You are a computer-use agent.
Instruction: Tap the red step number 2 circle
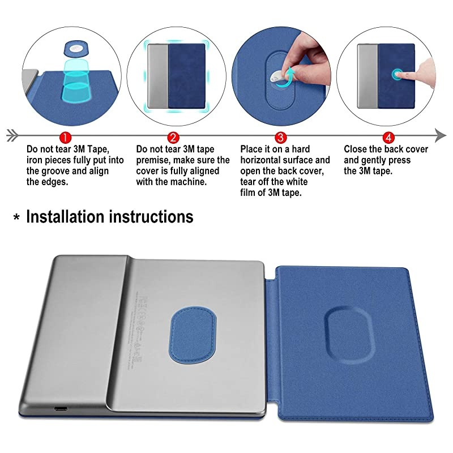pos(173,137)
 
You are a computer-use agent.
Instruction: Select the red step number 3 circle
pos(280,137)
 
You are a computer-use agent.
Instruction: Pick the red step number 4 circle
pos(388,137)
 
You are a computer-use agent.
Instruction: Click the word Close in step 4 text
pos(357,149)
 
